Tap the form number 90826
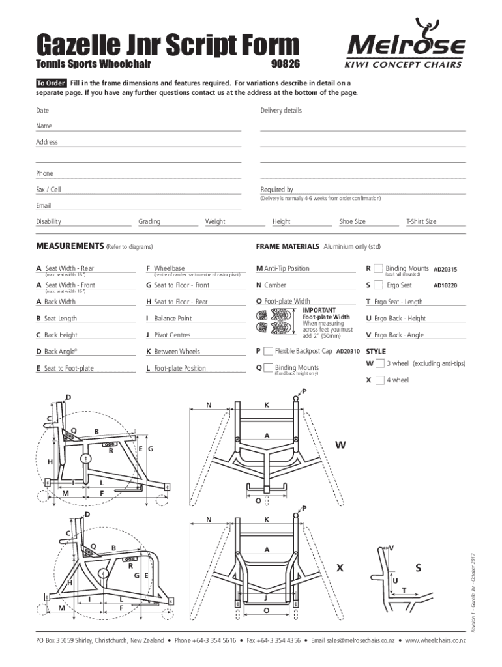(x=285, y=66)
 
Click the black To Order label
(x=51, y=83)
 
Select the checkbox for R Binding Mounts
(x=378, y=268)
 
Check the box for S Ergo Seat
(x=378, y=285)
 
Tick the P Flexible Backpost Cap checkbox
(x=268, y=351)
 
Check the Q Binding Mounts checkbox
(x=268, y=367)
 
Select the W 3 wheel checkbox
(x=379, y=363)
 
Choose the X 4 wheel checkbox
(x=379, y=380)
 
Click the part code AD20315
(x=446, y=269)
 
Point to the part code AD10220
(x=446, y=286)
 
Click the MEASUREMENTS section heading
(x=68, y=247)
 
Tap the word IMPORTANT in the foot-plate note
(x=319, y=310)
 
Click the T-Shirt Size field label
(x=421, y=221)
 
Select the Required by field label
(x=276, y=190)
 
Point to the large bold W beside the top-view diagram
(x=341, y=446)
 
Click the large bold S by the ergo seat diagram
(x=419, y=568)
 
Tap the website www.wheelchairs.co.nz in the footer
(x=435, y=641)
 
